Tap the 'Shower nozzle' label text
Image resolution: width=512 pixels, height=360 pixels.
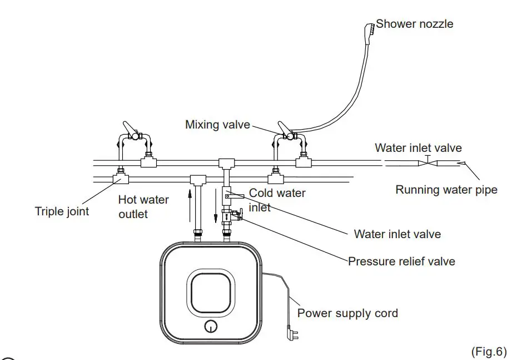point(415,24)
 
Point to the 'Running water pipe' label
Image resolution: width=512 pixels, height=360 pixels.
point(446,190)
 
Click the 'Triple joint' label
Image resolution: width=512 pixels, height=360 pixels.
point(62,211)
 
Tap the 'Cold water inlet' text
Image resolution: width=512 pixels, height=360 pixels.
point(277,200)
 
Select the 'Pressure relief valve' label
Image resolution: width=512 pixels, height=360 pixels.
point(401,261)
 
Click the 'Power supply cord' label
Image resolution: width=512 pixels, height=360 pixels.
point(347,313)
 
